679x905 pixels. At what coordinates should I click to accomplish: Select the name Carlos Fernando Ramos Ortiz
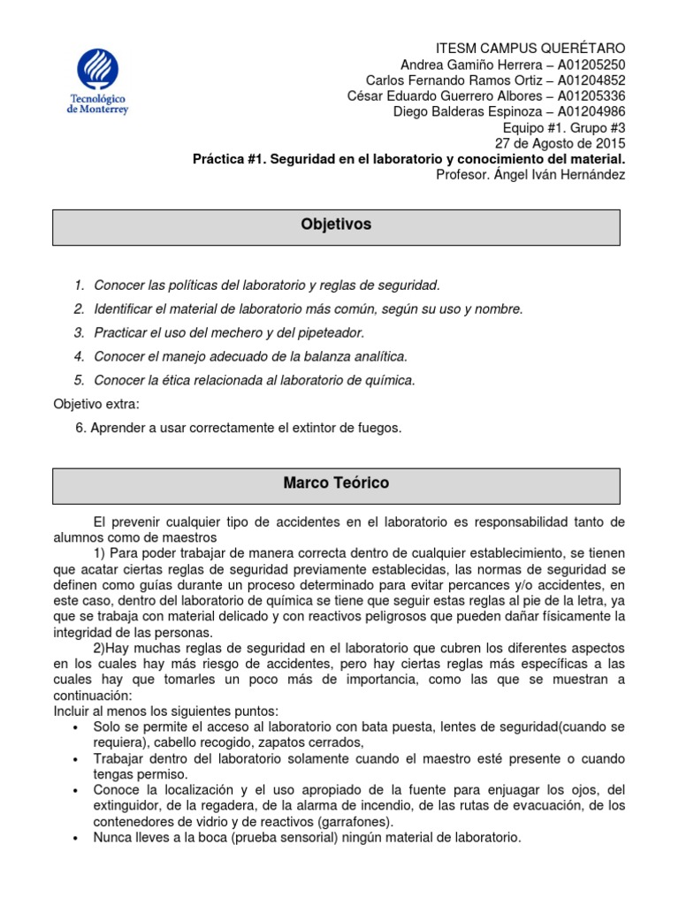tap(446, 80)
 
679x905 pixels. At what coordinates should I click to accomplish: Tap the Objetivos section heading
tap(337, 225)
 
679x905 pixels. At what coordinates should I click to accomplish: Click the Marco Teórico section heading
tap(336, 484)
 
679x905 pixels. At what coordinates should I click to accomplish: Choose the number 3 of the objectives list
tap(80, 333)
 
